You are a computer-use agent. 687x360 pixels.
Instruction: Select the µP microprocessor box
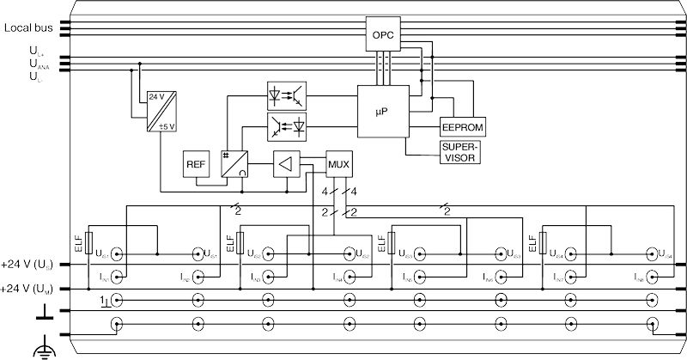click(x=383, y=111)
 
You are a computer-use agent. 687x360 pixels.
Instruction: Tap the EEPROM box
click(x=464, y=126)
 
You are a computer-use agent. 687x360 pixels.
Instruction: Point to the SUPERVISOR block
click(x=458, y=152)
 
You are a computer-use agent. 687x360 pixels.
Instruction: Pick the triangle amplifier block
click(x=288, y=164)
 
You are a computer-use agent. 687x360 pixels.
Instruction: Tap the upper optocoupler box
click(x=287, y=95)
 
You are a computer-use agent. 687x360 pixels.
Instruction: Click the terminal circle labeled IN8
click(x=650, y=277)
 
